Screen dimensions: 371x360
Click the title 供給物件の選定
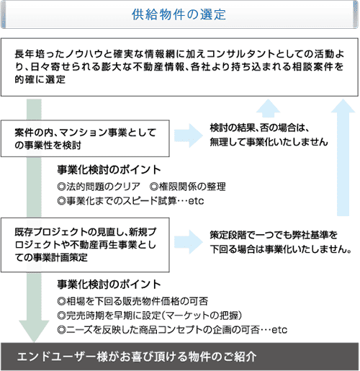179,14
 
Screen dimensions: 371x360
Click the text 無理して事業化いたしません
269,142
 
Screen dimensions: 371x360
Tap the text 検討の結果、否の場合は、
259,128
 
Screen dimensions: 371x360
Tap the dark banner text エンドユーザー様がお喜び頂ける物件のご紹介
141,357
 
